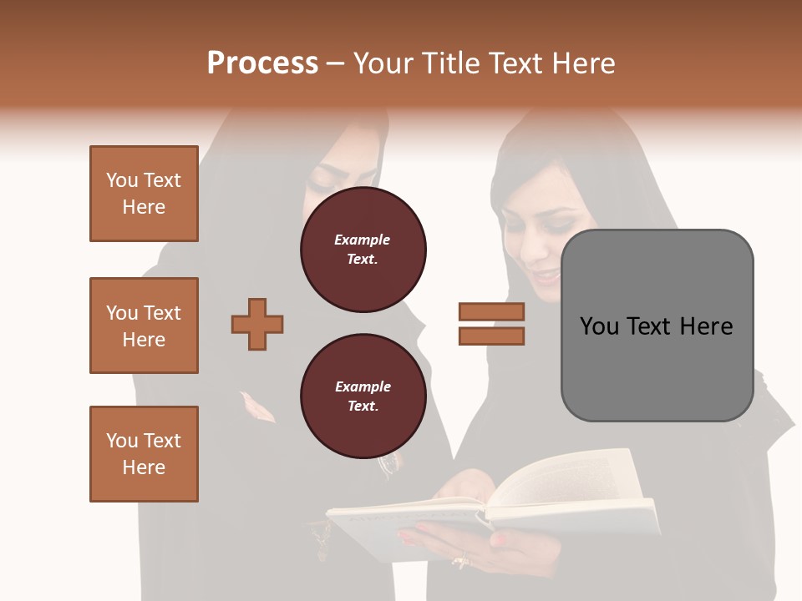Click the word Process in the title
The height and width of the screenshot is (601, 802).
262,63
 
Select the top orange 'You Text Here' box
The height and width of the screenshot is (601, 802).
144,194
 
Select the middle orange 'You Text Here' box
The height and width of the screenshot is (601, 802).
144,326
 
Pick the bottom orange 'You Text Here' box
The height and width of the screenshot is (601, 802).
144,454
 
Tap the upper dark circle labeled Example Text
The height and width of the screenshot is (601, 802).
363,250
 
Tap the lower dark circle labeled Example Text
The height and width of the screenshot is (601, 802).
363,396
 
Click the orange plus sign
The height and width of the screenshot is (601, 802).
257,325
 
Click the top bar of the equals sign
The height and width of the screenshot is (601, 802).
491,311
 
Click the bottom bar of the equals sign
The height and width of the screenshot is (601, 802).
491,336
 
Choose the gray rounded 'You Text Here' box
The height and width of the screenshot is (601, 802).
657,326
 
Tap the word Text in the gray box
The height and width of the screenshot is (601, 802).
650,326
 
